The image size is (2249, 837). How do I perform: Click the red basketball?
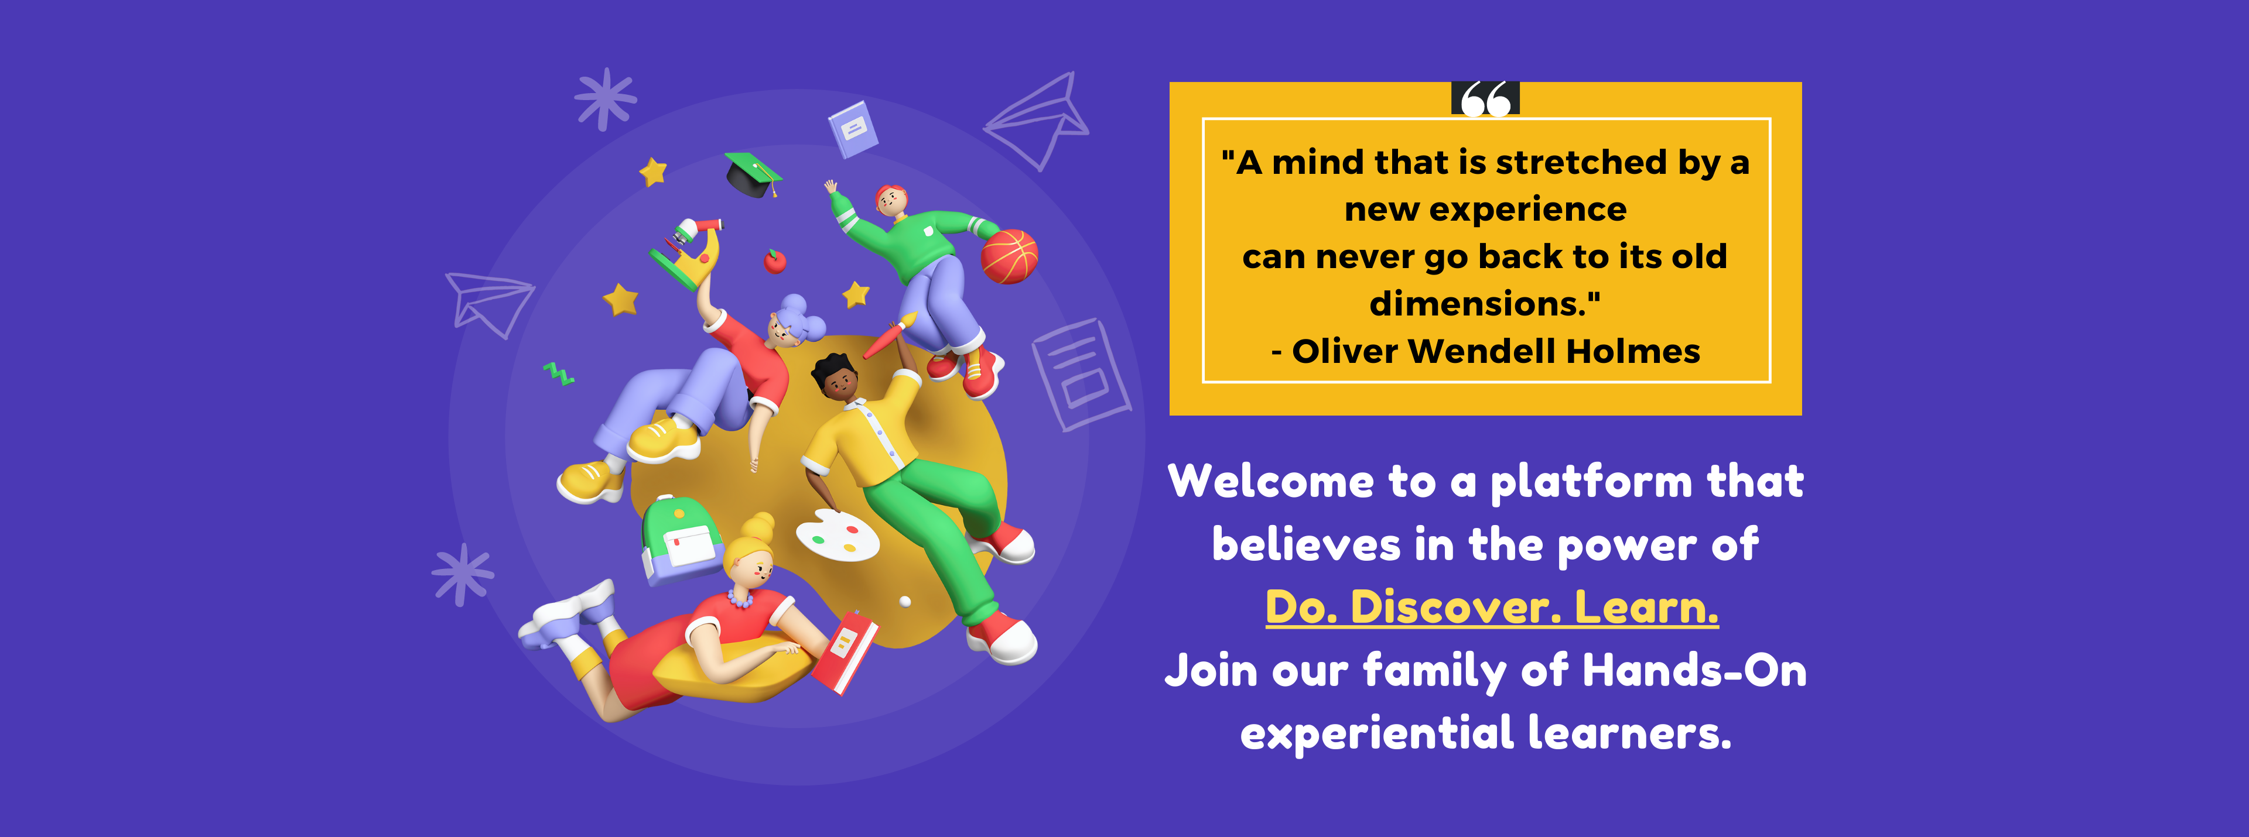point(1009,256)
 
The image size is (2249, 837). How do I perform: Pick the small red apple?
point(774,261)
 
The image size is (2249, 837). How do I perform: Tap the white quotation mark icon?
point(1485,98)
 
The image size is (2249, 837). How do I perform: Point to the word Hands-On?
point(1694,670)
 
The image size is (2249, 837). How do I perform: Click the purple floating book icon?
point(852,129)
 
